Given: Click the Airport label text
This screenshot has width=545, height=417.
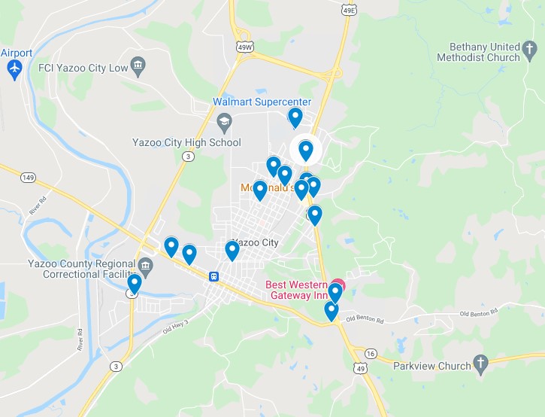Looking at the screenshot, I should coord(17,53).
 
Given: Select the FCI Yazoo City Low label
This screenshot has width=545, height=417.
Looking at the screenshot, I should coord(82,67).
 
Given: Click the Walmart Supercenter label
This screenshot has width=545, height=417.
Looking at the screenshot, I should coord(262,102).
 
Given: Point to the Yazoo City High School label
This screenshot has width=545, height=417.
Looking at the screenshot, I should coord(186,142).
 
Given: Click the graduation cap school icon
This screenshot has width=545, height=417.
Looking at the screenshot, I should coord(224,122).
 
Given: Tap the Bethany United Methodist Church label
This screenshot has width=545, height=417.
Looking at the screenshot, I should coord(484,52).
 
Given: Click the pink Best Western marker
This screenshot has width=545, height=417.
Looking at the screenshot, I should coord(338,286).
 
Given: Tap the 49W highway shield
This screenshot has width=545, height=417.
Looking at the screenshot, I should coord(245,47).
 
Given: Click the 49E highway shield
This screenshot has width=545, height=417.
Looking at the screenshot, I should coord(348,11).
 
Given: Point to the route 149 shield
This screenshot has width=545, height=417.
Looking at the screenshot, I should coord(29,178).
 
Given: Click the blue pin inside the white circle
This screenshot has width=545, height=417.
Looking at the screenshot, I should coord(306,150).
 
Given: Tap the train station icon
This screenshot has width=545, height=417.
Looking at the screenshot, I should coord(214,276).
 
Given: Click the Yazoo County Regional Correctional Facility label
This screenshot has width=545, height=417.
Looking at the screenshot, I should coord(78,269).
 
